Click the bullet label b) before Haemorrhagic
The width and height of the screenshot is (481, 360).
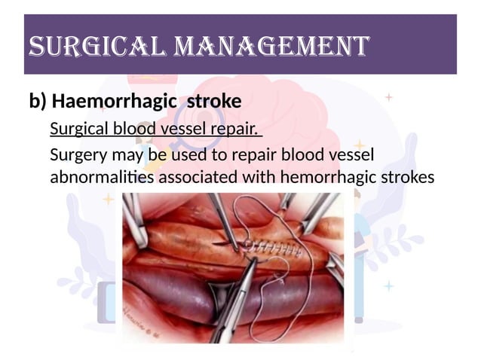38,101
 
